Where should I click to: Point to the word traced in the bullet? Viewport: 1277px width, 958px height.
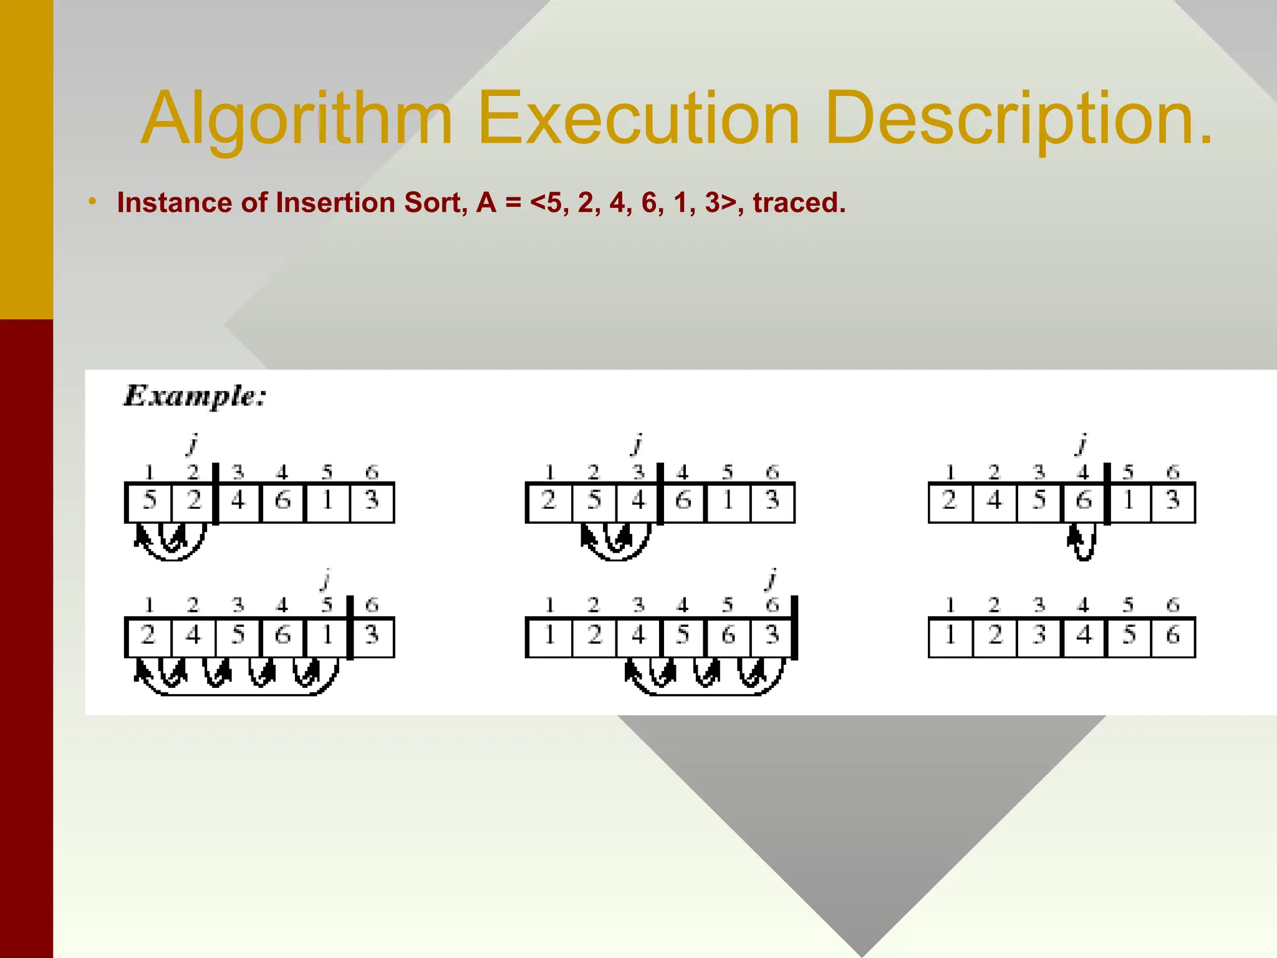pyautogui.click(x=798, y=203)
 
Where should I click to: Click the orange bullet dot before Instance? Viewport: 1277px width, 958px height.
pyautogui.click(x=92, y=201)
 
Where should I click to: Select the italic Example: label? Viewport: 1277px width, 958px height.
pyautogui.click(x=195, y=396)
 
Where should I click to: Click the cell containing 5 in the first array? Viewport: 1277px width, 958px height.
pyautogui.click(x=149, y=501)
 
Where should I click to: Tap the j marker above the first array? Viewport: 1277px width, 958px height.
pyautogui.click(x=193, y=444)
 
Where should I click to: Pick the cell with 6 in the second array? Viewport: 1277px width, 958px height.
pyautogui.click(x=683, y=501)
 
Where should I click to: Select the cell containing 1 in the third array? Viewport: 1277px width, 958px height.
pyautogui.click(x=1129, y=501)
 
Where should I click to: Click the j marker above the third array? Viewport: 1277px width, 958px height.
pyautogui.click(x=1082, y=444)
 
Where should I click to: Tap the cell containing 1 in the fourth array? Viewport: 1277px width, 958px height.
pyautogui.click(x=327, y=636)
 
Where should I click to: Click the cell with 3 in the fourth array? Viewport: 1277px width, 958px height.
pyautogui.click(x=372, y=636)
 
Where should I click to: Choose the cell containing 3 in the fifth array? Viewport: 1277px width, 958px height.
pyautogui.click(x=773, y=636)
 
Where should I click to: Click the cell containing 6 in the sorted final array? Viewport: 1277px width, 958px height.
pyautogui.click(x=1173, y=636)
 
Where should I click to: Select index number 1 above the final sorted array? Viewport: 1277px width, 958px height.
pyautogui.click(x=950, y=605)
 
